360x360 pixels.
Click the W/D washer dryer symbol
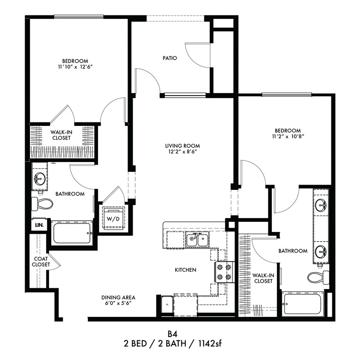[113, 219]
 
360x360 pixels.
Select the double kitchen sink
[197, 240]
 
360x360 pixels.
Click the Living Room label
[183, 145]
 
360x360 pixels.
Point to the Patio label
[170, 58]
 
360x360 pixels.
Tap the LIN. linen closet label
[37, 224]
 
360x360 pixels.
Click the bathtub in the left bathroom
[72, 233]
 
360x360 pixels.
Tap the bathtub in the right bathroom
[302, 304]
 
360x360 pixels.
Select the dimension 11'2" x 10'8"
[287, 137]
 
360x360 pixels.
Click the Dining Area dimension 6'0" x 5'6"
[118, 303]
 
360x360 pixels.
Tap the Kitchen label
[185, 270]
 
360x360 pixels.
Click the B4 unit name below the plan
[173, 333]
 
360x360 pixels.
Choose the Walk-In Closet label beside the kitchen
[263, 278]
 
